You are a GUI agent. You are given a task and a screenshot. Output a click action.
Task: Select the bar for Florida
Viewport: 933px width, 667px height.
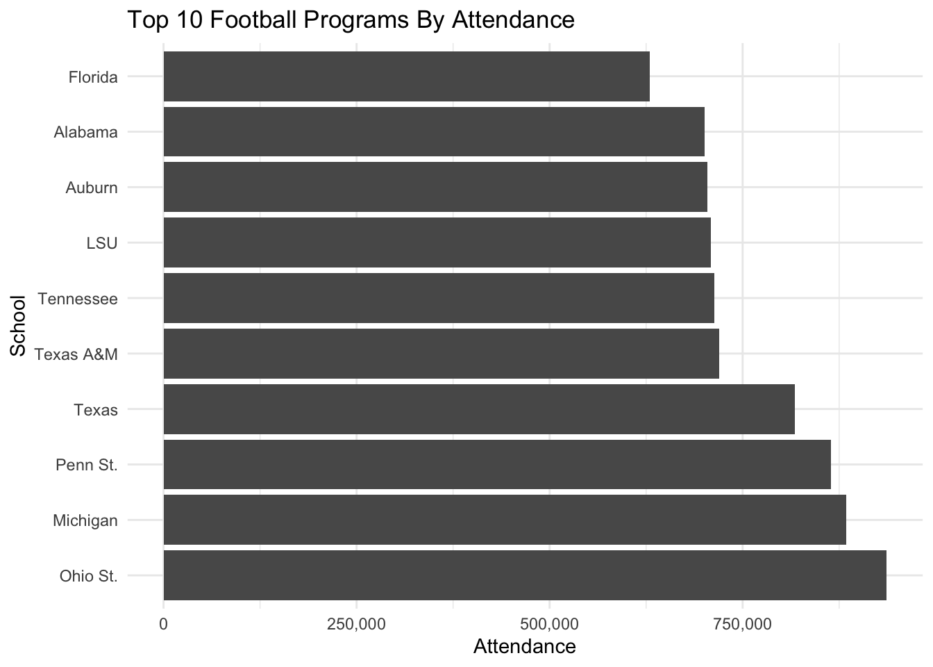[406, 76]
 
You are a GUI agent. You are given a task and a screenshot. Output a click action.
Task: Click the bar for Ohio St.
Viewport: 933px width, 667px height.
[525, 575]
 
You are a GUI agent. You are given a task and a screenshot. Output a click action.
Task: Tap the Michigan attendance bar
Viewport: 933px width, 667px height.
[505, 520]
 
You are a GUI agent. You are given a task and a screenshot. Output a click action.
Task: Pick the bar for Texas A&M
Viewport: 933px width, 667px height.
[441, 354]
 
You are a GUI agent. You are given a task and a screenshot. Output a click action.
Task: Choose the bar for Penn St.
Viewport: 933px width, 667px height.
[497, 464]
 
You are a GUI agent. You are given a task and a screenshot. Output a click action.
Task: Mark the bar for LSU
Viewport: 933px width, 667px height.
[437, 242]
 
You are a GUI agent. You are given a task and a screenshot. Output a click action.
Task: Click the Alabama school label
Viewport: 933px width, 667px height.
[85, 132]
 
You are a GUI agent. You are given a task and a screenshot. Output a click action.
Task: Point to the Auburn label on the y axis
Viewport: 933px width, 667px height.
[92, 188]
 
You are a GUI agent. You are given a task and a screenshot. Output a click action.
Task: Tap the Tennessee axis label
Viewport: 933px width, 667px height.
[78, 299]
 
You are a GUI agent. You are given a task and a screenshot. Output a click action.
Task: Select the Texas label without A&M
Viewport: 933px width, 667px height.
[96, 410]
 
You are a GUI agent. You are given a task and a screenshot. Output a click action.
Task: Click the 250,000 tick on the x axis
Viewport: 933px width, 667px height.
[357, 624]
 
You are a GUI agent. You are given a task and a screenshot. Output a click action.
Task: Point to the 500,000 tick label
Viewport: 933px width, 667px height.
[550, 624]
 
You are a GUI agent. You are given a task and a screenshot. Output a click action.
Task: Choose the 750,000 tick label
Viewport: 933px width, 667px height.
[743, 624]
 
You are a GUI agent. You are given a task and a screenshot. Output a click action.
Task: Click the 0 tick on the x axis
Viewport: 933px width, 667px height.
[164, 624]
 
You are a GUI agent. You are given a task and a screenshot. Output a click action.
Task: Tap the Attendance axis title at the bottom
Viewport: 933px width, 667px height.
[524, 647]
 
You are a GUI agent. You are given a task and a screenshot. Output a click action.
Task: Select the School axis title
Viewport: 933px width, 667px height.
[18, 326]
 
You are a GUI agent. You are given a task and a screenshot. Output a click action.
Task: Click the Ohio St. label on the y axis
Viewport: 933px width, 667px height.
[88, 576]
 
